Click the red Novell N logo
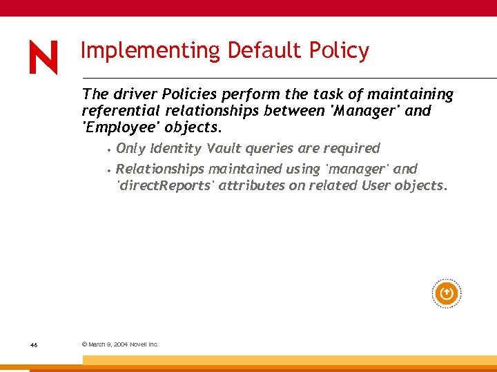43,57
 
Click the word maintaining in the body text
410,94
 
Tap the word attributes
249,185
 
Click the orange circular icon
447,294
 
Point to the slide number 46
34,344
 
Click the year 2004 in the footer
119,344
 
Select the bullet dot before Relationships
109,169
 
